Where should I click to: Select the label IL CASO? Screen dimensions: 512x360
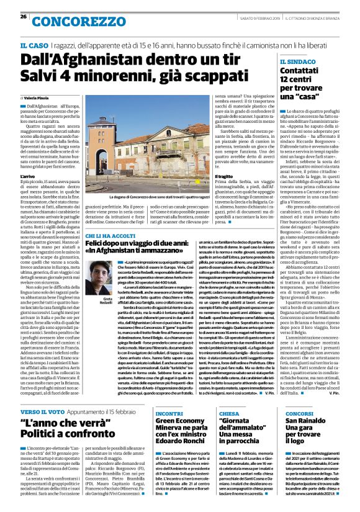coord(34,46)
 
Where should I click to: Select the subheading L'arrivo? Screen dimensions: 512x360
coord(29,177)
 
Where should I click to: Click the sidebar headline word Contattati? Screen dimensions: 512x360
coord(302,73)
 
